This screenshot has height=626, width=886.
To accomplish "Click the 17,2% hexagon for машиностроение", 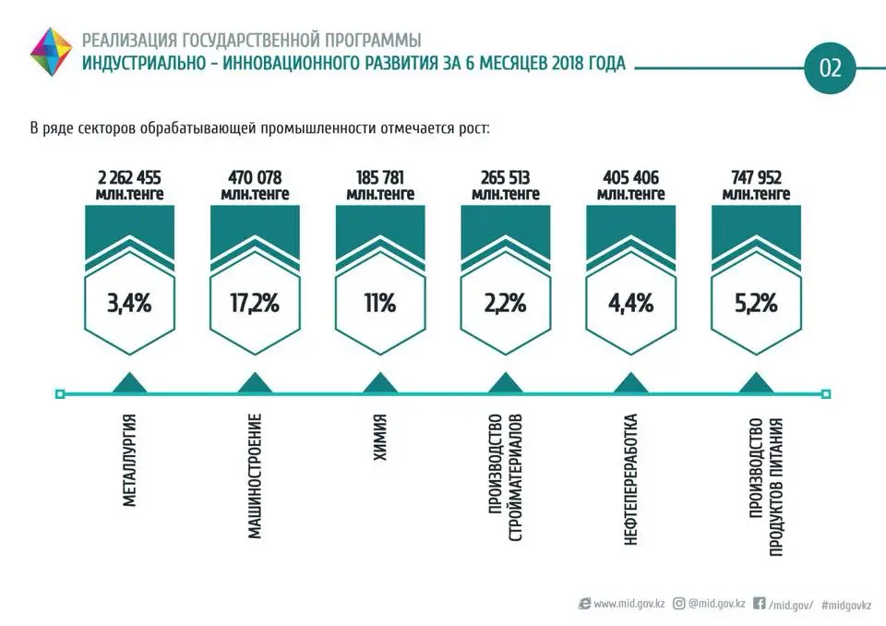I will (x=255, y=302).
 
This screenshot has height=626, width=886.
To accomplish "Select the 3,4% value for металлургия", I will (x=129, y=302).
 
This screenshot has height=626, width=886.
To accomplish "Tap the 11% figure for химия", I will (x=379, y=302).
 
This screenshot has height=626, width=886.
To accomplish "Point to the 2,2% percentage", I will (x=505, y=302).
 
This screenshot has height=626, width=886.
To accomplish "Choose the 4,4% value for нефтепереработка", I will (x=630, y=302).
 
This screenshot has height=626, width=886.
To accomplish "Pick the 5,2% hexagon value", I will (x=756, y=302).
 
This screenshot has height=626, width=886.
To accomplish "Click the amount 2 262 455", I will (x=129, y=177).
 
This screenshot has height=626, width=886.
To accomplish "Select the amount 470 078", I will (x=255, y=177).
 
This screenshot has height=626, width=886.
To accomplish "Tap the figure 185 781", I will (x=379, y=177).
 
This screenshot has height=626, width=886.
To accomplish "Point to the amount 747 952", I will (x=756, y=177).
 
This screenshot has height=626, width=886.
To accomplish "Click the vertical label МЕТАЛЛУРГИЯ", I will (x=130, y=462).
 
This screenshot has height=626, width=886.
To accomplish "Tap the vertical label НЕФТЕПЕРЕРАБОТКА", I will (x=631, y=478).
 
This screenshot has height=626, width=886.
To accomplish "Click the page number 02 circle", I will (x=831, y=67).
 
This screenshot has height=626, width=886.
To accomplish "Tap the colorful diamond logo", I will (x=52, y=52).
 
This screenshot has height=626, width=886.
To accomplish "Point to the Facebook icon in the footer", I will (x=760, y=604).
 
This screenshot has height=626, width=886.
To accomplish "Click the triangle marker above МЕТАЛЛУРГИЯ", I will (x=129, y=383).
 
